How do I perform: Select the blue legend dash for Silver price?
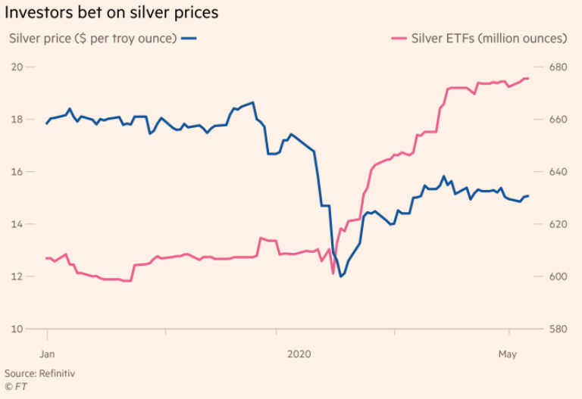pos(190,38)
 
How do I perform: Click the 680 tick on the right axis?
pos(558,67)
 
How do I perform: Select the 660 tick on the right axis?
pos(558,119)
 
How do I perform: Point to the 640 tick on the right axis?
pos(558,172)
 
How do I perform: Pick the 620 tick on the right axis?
pos(558,224)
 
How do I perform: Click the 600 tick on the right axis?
pos(558,276)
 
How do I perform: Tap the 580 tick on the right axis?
pos(558,329)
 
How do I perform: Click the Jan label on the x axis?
pos(47,354)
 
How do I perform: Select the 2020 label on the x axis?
pos(300,354)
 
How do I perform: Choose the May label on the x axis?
pos(507,354)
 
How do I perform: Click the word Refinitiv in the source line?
pos(57,373)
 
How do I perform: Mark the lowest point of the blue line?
pos(340,276)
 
